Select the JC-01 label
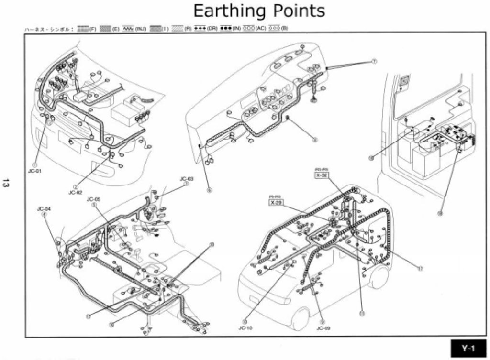point(36,170)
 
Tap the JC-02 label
point(76,193)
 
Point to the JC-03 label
point(187,179)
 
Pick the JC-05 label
point(94,199)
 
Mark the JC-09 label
point(323,328)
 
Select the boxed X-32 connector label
point(321,175)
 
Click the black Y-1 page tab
point(468,349)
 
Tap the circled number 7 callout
point(375,61)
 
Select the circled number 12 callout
point(88,316)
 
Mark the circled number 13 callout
point(212,245)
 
